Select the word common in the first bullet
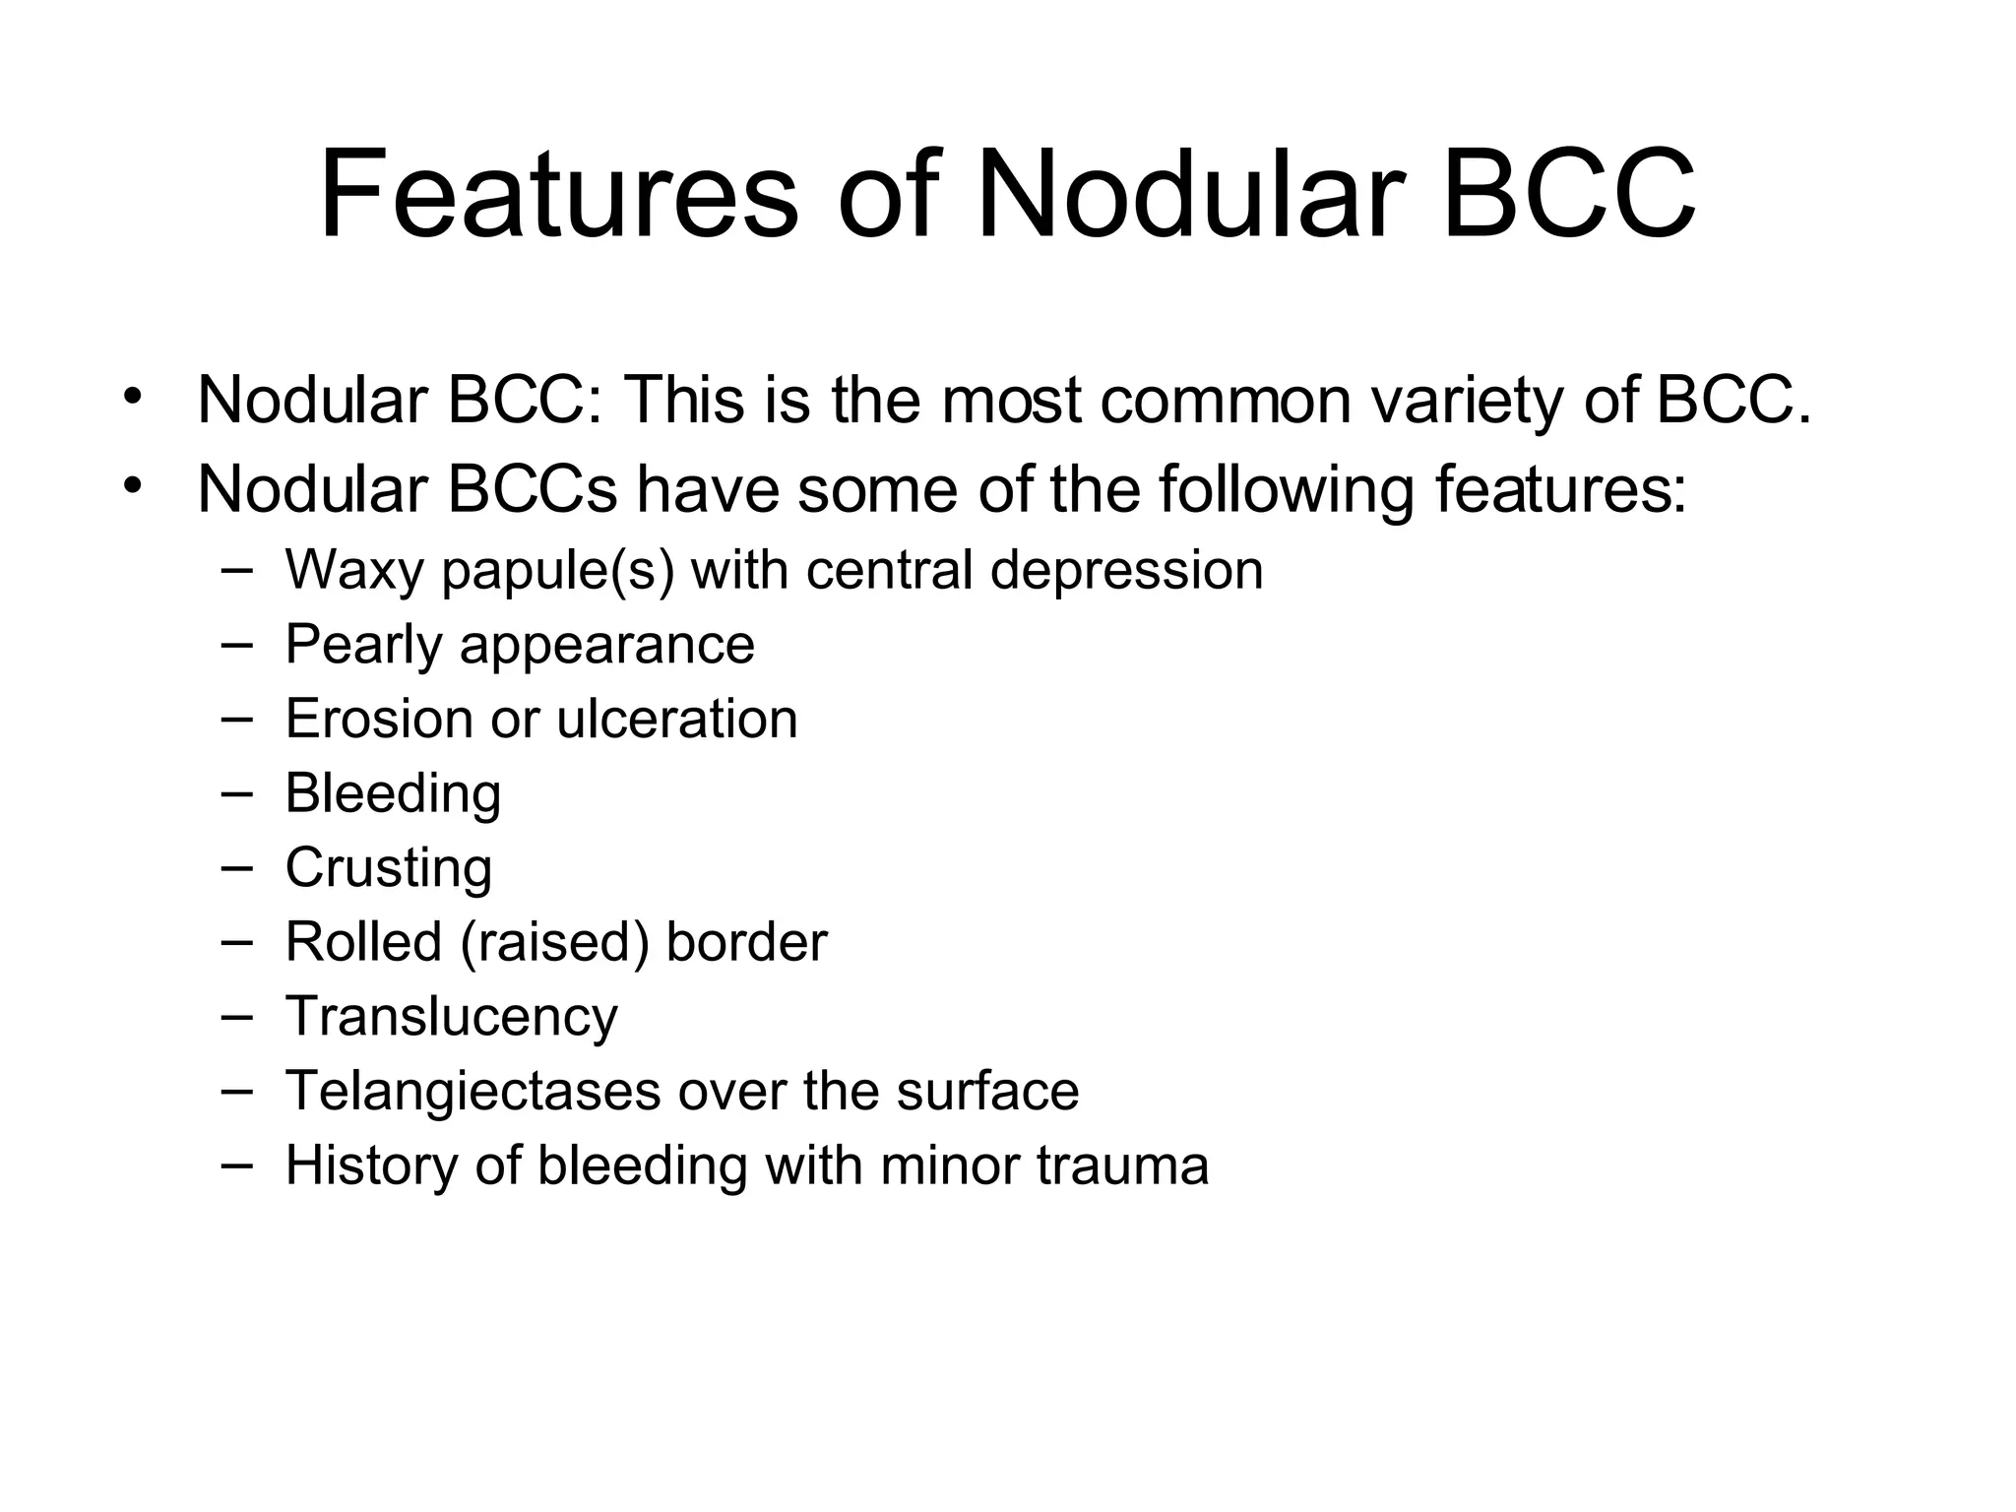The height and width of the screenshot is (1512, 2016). point(1226,401)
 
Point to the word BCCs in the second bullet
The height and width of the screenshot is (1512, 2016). point(532,489)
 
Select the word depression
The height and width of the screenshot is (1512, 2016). point(1126,571)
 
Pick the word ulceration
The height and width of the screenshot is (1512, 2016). point(676,719)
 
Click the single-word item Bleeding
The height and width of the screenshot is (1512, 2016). point(393,793)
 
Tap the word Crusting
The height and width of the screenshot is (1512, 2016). point(389,868)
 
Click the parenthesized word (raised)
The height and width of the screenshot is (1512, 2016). point(554,943)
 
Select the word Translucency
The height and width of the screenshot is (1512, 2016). point(451,1017)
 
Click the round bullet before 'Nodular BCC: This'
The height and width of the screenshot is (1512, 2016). point(133,398)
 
